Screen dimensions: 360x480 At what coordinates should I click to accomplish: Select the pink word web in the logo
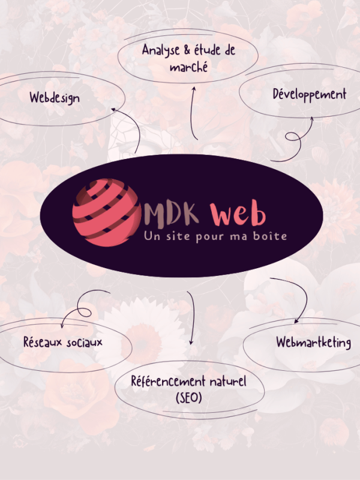point(238,213)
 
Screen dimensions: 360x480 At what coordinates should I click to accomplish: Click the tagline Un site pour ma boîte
point(215,236)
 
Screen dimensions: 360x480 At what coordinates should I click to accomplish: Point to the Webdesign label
point(55,98)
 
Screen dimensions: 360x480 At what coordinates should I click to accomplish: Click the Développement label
point(310,94)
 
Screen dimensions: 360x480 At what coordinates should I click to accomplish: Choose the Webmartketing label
point(313,342)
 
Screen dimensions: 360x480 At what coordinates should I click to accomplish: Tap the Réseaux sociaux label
point(63,342)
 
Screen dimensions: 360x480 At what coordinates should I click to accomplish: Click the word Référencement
point(168,382)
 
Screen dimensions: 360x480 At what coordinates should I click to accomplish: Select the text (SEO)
point(189,398)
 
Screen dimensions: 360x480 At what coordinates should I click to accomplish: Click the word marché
point(189,67)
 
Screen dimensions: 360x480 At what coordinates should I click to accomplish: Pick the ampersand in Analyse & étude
point(187,50)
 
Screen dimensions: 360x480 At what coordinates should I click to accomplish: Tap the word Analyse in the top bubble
point(161,50)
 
